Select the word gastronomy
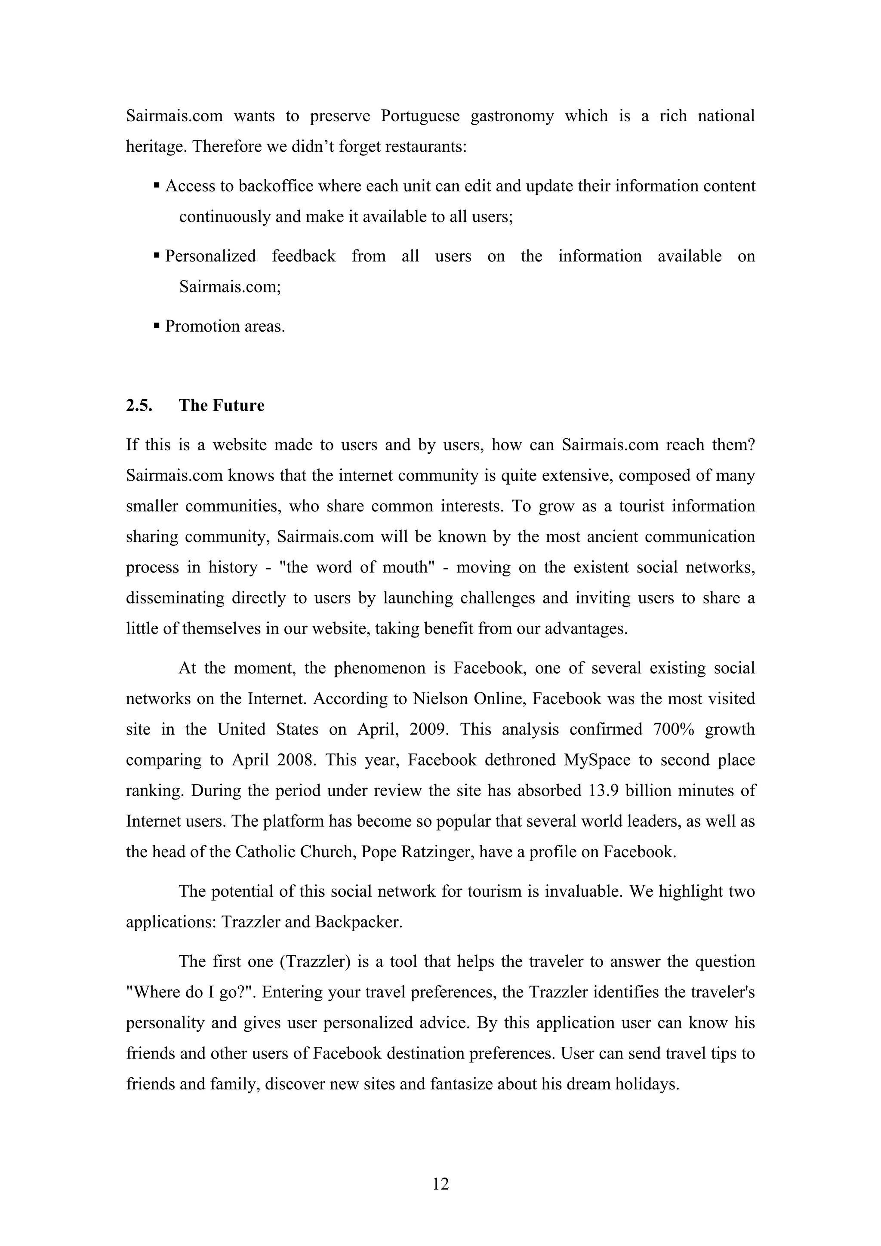tap(512, 116)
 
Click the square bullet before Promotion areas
tap(157, 326)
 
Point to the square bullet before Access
tap(157, 186)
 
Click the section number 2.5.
tap(139, 406)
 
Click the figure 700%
tap(673, 729)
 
